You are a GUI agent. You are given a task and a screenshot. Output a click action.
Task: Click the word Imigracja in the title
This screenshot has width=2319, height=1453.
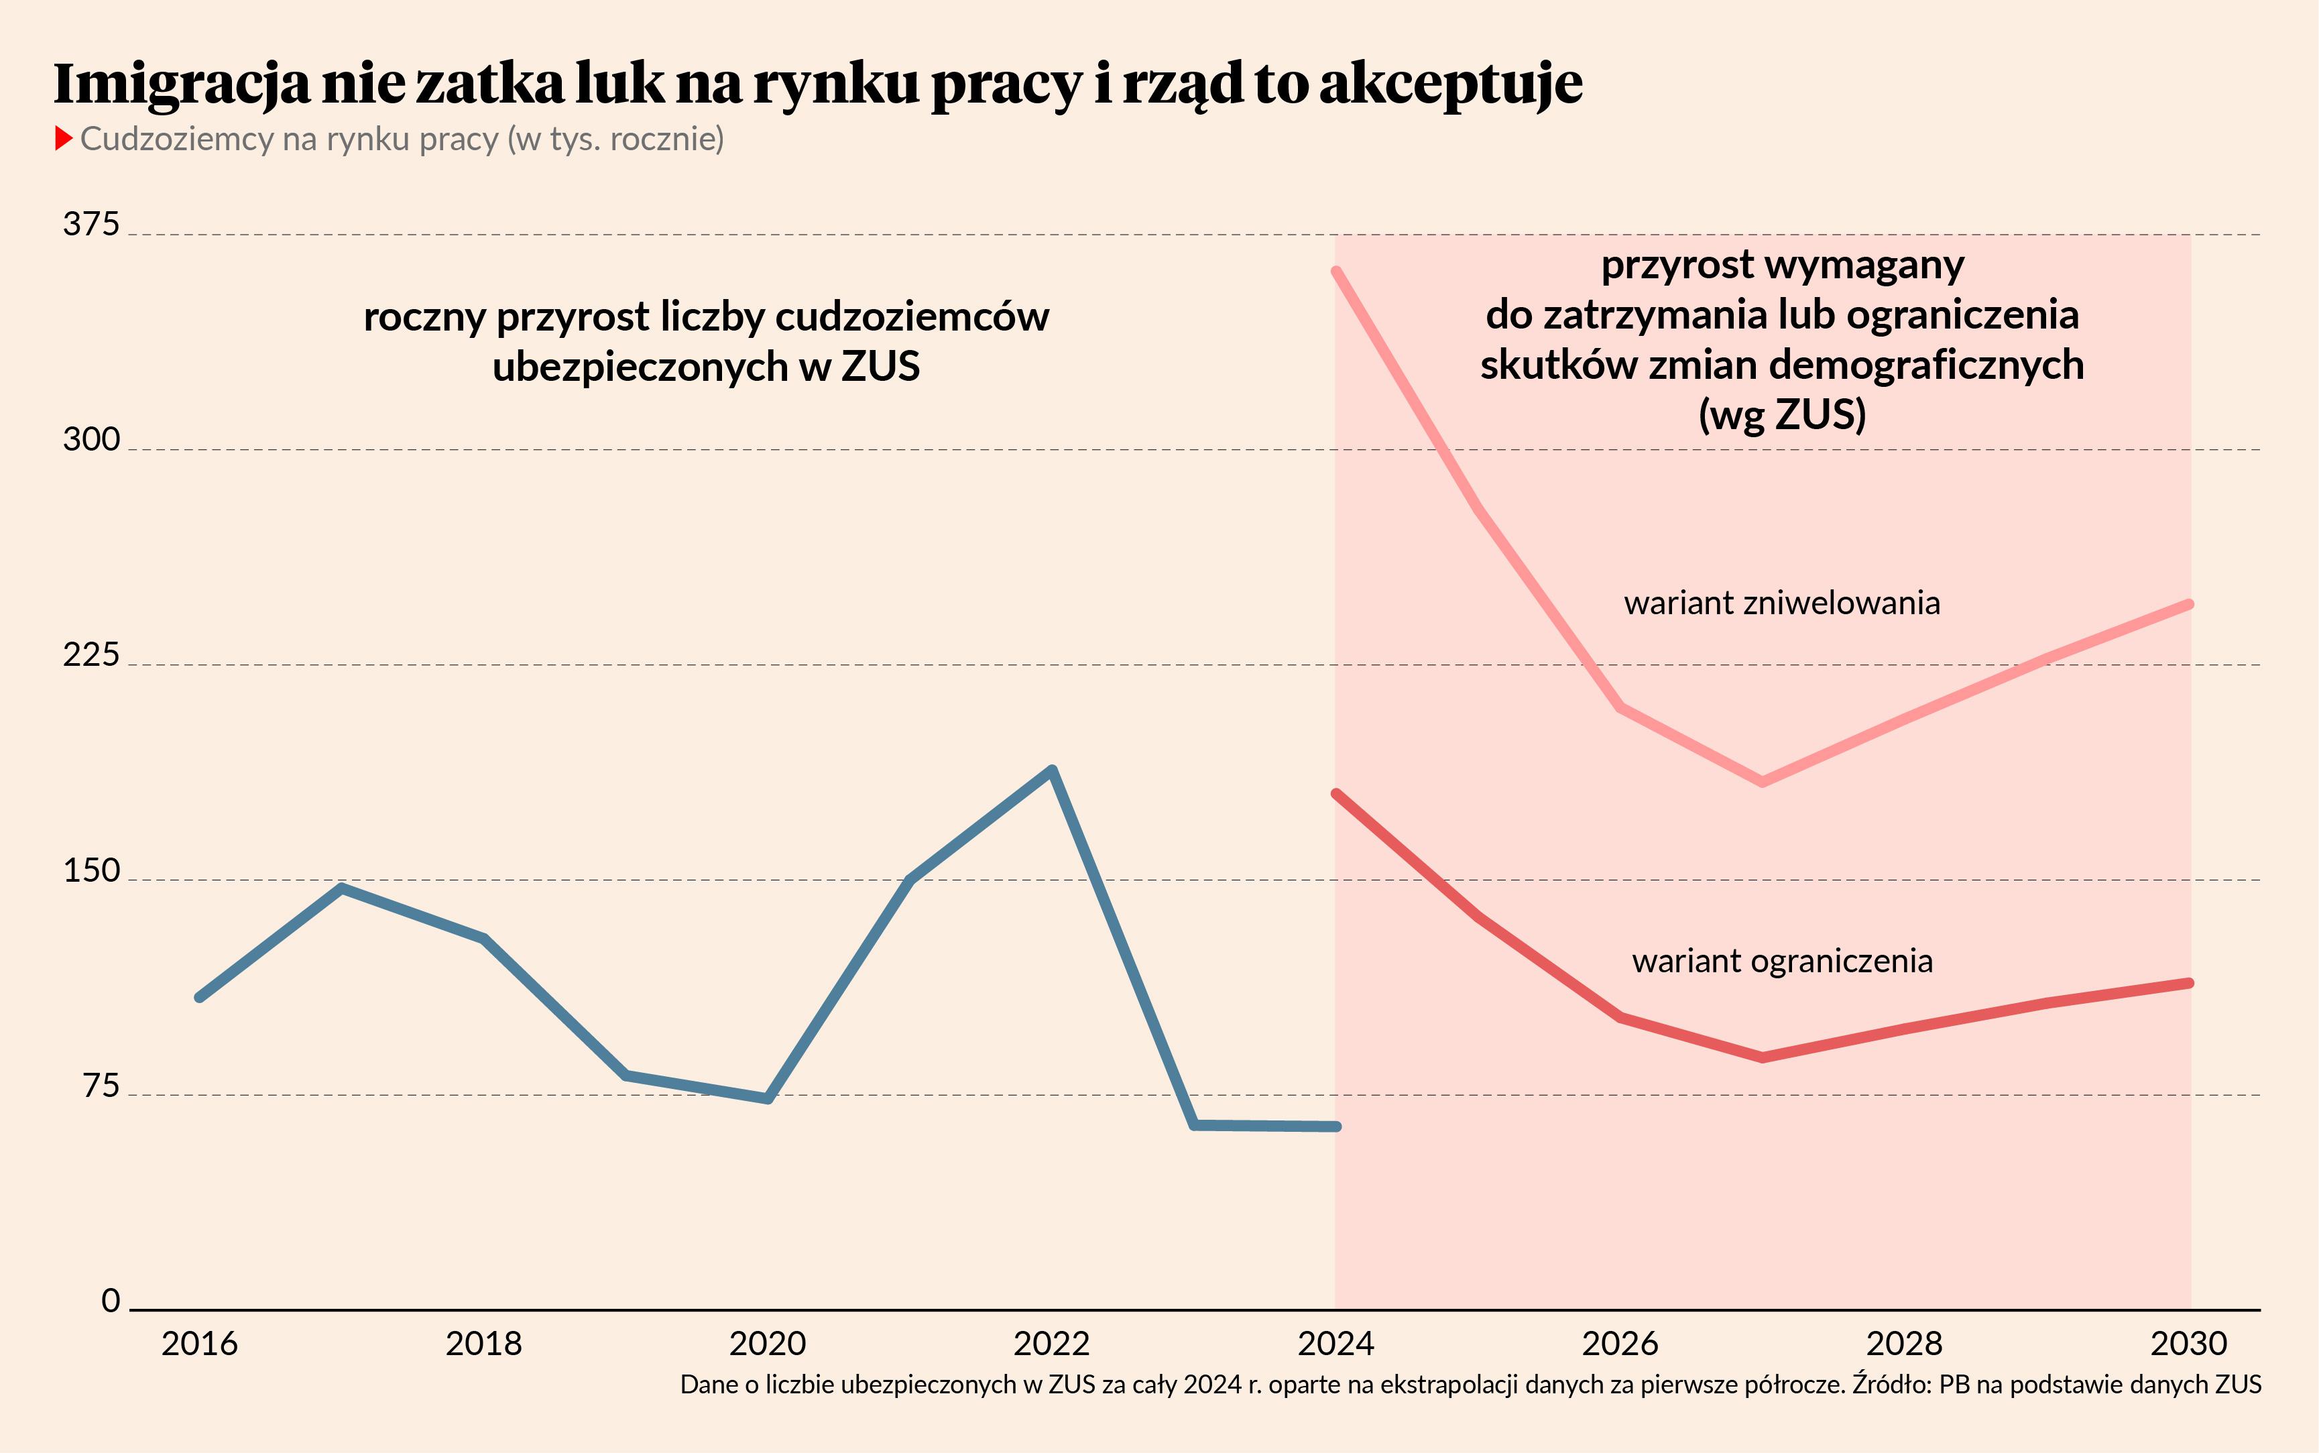click(182, 84)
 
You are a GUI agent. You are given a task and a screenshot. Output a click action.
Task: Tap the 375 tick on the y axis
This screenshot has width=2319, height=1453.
click(91, 225)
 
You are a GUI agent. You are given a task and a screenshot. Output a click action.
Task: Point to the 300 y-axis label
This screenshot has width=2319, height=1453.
click(91, 440)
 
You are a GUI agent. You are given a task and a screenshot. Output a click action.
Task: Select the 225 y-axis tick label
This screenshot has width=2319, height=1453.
click(91, 655)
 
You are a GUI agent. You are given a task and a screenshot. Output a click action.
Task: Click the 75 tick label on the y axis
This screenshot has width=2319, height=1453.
click(101, 1086)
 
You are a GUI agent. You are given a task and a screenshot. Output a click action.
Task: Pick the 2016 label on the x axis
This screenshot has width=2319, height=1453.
click(200, 1344)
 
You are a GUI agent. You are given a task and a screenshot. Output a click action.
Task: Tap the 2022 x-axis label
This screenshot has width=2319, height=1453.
click(1052, 1344)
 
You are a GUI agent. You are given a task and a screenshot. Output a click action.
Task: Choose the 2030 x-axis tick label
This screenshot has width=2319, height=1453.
click(2188, 1344)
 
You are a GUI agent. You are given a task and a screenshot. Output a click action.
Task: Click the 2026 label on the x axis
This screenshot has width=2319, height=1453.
click(1620, 1344)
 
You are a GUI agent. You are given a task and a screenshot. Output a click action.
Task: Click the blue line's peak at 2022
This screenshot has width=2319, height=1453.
click(1052, 770)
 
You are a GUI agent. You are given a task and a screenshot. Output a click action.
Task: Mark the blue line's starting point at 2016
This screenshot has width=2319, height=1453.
click(200, 998)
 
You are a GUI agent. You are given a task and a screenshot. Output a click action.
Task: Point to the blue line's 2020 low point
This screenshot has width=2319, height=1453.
click(768, 1098)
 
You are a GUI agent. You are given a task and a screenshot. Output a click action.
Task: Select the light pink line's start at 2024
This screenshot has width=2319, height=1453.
click(1336, 272)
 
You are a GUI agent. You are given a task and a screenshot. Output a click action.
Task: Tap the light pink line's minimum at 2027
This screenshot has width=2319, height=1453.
click(1762, 781)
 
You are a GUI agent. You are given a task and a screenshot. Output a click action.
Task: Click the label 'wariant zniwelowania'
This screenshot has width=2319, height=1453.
click(1782, 603)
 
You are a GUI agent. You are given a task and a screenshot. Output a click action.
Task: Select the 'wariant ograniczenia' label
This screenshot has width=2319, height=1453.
click(1782, 961)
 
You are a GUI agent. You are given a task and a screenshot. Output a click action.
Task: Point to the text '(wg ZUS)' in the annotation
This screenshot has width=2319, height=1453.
click(1782, 415)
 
